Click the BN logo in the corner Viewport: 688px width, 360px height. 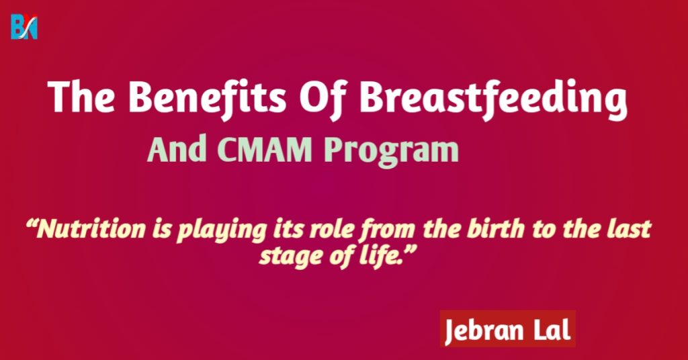[24, 27]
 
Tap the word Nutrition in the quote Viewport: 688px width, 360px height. [91, 229]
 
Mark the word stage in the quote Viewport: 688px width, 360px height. [290, 257]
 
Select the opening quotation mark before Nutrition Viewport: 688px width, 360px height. [31, 224]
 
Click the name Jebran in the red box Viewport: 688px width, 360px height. [484, 330]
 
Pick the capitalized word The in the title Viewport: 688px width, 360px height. [82, 97]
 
